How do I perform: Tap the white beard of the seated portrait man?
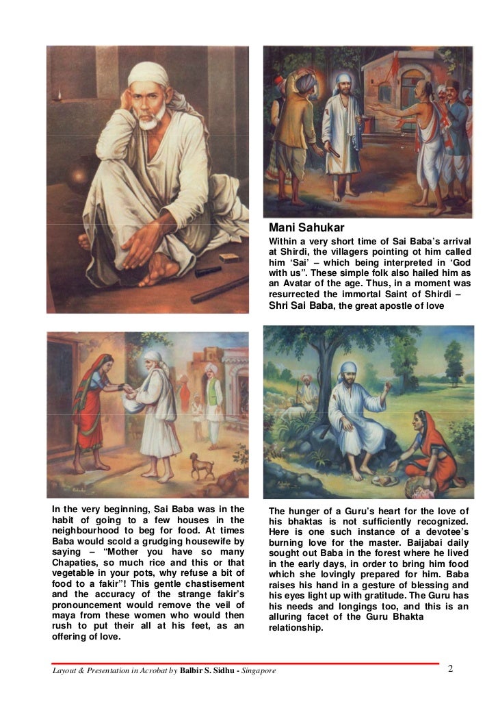pos(149,122)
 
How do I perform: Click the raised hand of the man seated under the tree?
pos(388,386)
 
